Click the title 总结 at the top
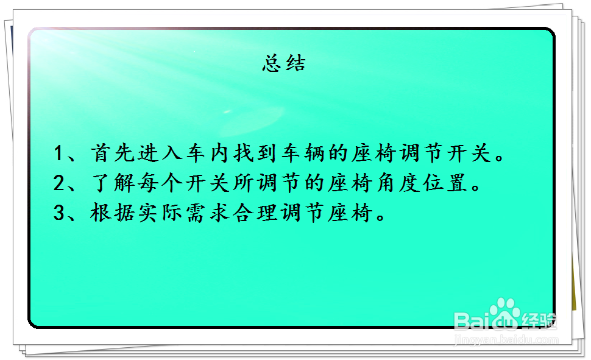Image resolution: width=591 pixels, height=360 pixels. (284, 63)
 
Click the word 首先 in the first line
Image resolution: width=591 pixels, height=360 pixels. (109, 154)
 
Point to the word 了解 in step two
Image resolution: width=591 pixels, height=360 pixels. (109, 183)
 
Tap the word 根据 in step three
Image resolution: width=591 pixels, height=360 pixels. (109, 214)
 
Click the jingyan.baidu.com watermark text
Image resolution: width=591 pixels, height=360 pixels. (506, 339)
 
